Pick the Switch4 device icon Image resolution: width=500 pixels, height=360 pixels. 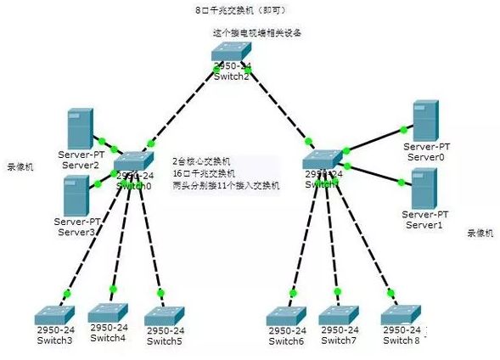click(108, 312)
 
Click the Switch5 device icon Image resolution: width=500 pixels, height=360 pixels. click(164, 314)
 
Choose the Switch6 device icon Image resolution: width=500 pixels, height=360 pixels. click(287, 315)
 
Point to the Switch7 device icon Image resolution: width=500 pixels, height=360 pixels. click(340, 315)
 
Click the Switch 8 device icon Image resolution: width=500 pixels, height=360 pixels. click(402, 314)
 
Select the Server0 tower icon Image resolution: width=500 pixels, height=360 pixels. click(425, 121)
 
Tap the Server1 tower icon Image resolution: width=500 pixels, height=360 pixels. click(424, 188)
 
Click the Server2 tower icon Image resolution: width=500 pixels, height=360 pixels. click(81, 127)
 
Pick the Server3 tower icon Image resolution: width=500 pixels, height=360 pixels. click(78, 196)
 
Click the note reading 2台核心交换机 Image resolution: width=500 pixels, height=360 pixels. click(202, 160)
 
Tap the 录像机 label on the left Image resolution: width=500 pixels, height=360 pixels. click(20, 166)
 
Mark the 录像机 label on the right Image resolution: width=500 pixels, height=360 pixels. click(479, 232)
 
